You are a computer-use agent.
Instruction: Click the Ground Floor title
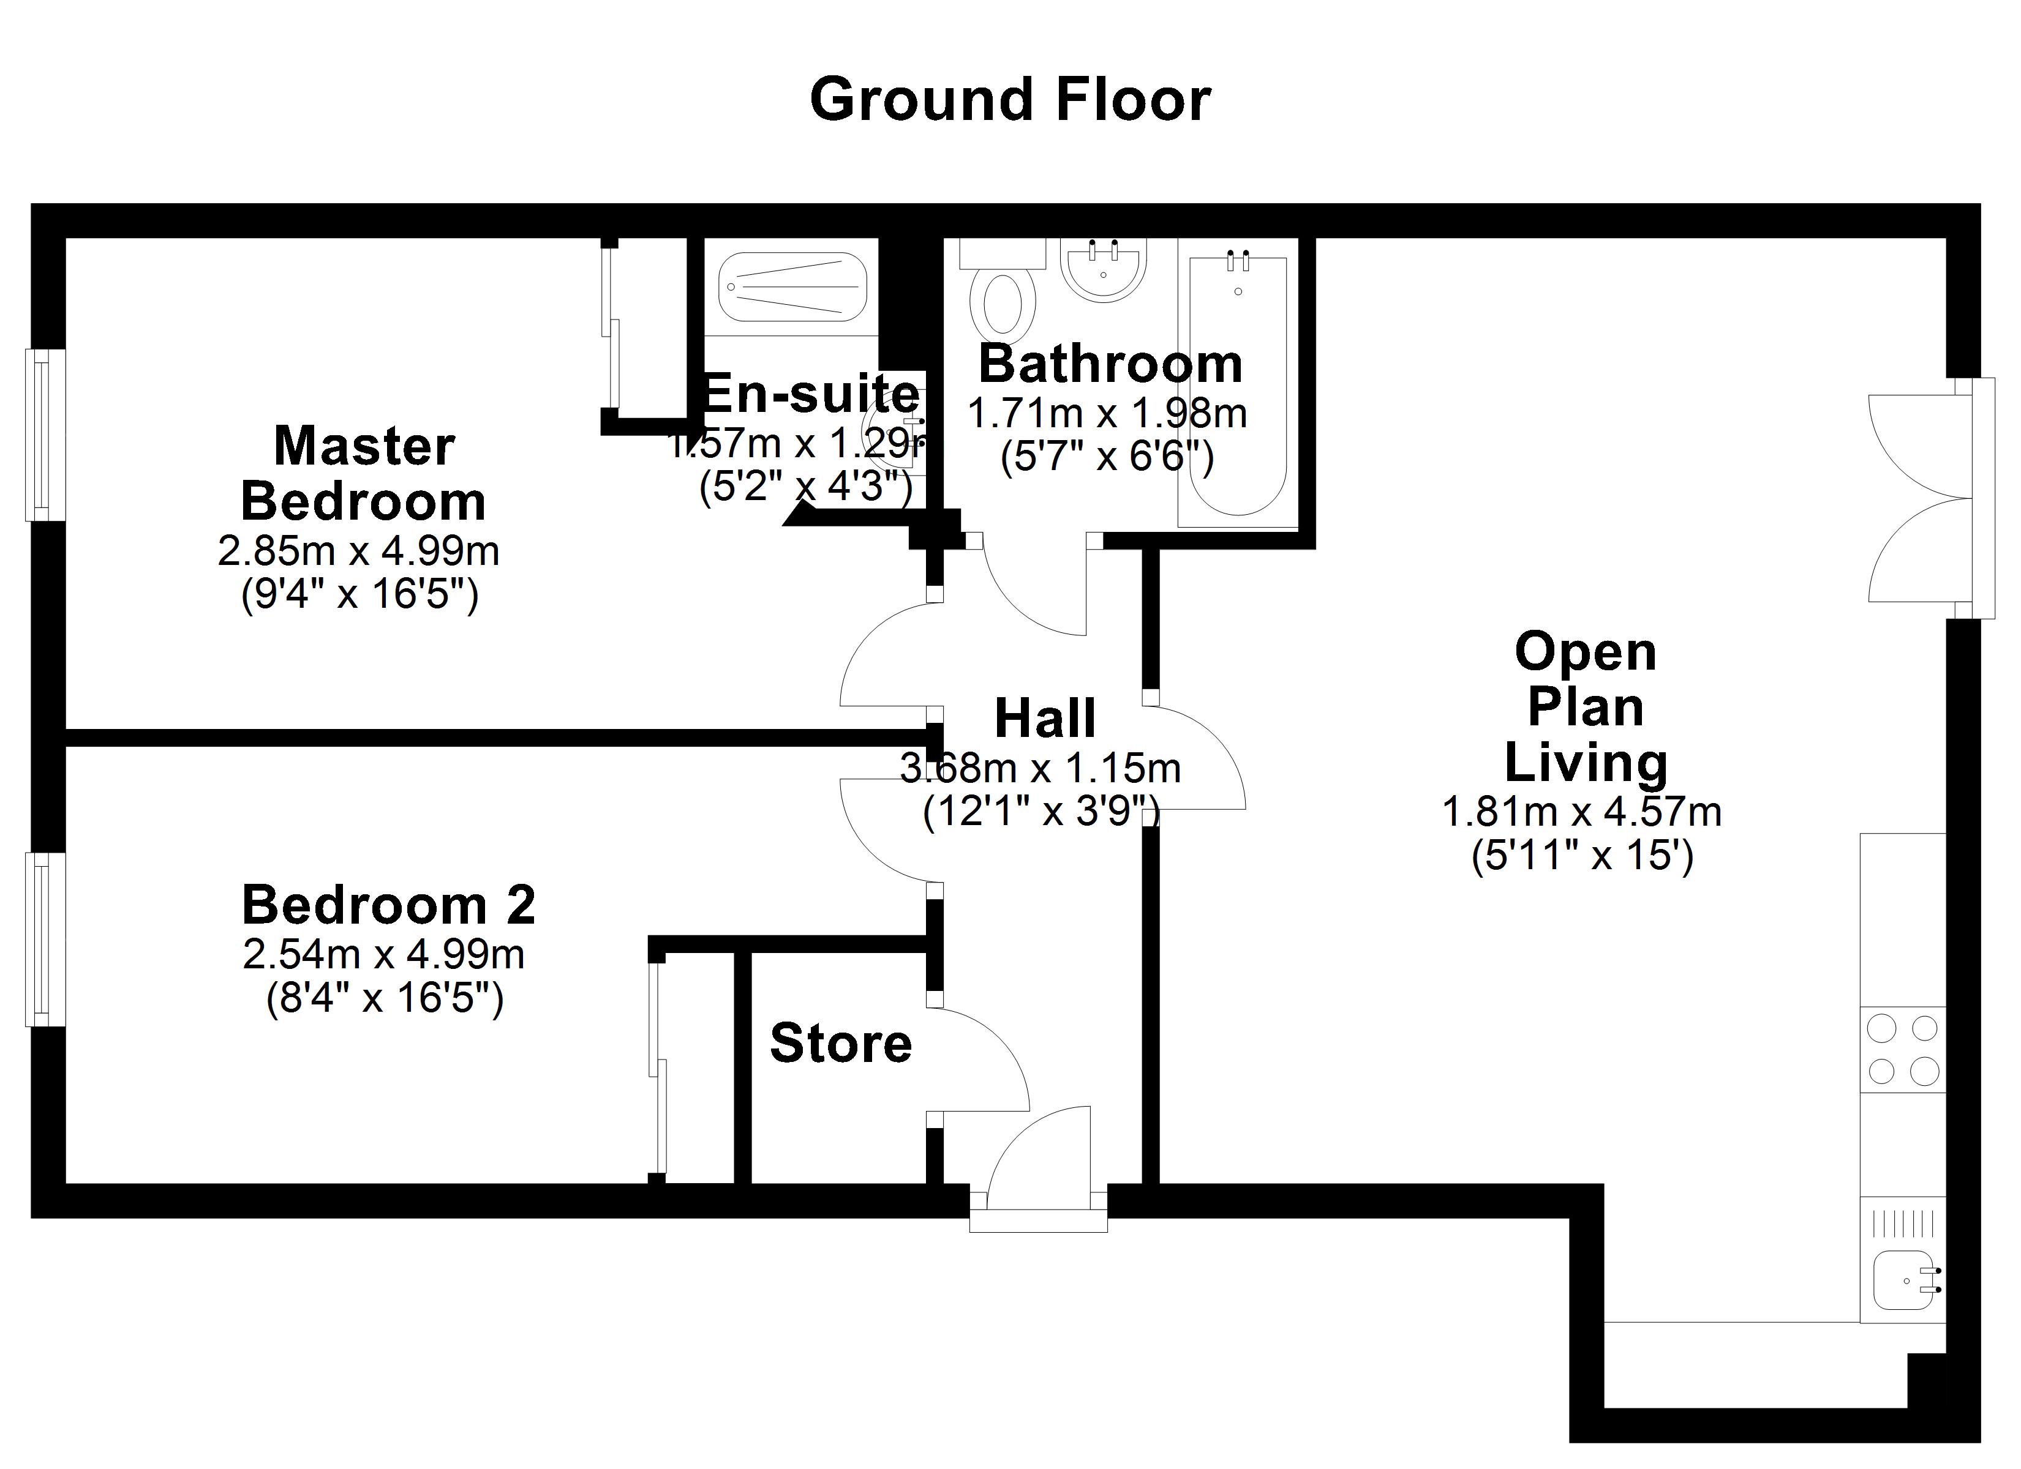coord(1010,100)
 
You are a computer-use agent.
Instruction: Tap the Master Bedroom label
coord(364,473)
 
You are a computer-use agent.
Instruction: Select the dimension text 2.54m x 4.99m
coord(383,955)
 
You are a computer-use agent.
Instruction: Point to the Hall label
coord(1044,719)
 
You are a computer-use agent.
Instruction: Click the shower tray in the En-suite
coord(793,288)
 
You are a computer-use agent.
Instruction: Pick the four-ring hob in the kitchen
coord(1902,1049)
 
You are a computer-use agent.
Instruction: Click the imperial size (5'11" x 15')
coord(1582,855)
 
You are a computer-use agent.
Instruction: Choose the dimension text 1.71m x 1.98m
coord(1107,413)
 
